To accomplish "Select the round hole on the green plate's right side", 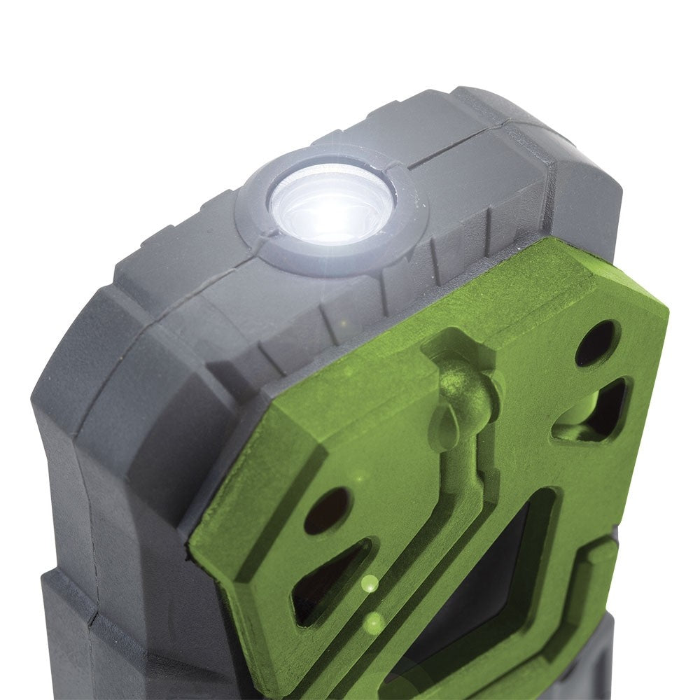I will [596, 343].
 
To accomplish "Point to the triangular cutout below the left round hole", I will [329, 581].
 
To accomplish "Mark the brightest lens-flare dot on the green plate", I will [370, 583].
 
